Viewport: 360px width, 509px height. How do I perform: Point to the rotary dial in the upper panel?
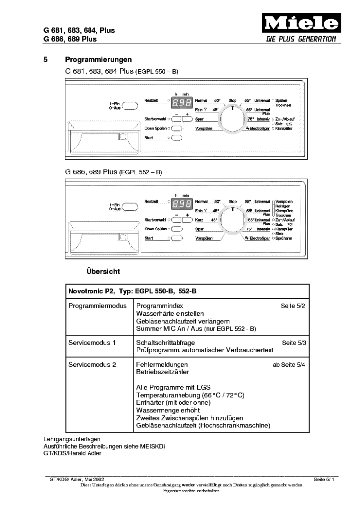232,119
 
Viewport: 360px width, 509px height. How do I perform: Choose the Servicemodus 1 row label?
92,342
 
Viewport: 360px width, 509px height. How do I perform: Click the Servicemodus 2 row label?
93,365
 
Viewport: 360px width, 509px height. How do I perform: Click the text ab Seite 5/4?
289,365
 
